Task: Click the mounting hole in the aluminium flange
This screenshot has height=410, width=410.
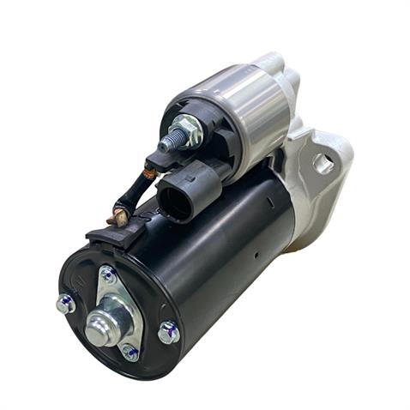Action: (324, 164)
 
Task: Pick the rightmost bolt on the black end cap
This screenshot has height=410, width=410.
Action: (169, 331)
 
